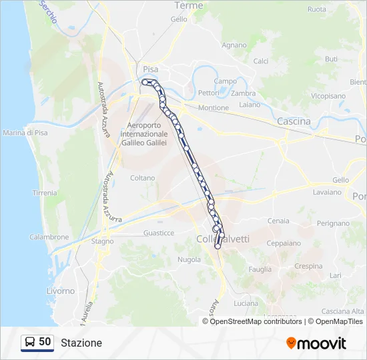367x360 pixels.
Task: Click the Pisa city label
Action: click(x=149, y=69)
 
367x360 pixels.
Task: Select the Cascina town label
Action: click(x=294, y=121)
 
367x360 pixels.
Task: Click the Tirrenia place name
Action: click(x=45, y=193)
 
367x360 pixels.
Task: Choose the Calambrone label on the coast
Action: click(x=49, y=237)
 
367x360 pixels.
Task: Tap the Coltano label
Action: click(x=142, y=178)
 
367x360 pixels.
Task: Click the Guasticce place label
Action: click(x=159, y=233)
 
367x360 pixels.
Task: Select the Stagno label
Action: click(x=103, y=241)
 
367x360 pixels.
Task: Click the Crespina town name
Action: click(x=308, y=266)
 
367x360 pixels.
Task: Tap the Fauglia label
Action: click(x=260, y=269)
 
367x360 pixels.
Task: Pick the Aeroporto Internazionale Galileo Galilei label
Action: click(x=144, y=133)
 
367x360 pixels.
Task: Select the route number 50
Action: click(x=45, y=342)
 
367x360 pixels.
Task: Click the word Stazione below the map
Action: click(x=81, y=343)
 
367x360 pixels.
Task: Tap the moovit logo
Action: click(x=316, y=343)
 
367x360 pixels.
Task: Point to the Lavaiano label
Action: click(x=327, y=192)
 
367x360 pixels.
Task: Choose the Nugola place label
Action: click(x=190, y=259)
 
